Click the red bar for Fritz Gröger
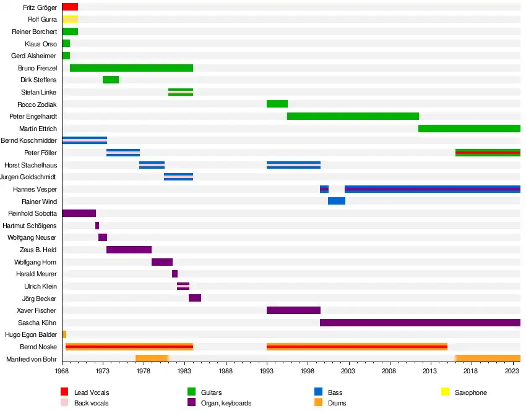pyautogui.click(x=70, y=7)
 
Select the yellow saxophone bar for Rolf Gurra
pyautogui.click(x=70, y=19)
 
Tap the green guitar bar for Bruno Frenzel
pyautogui.click(x=131, y=68)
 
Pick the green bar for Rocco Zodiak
pyautogui.click(x=277, y=104)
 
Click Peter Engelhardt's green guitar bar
pyautogui.click(x=353, y=116)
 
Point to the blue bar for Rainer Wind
pyautogui.click(x=337, y=201)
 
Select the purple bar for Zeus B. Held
pyautogui.click(x=129, y=250)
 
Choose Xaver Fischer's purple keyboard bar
pyautogui.click(x=293, y=310)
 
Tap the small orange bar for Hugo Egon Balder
pyautogui.click(x=64, y=334)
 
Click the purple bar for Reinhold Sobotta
pyautogui.click(x=79, y=213)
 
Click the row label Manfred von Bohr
pyautogui.click(x=32, y=359)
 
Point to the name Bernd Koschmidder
pyautogui.click(x=29, y=141)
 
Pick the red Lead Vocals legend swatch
pyautogui.click(x=64, y=392)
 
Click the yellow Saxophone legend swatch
pyautogui.click(x=445, y=392)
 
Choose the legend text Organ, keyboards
pyautogui.click(x=226, y=404)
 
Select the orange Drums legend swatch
pyautogui.click(x=319, y=403)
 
